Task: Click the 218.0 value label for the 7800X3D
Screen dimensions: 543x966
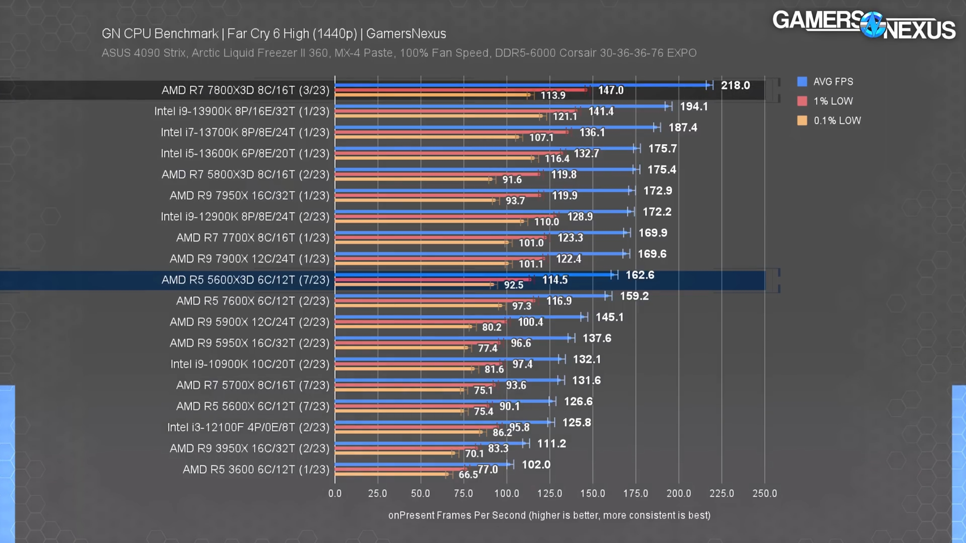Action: click(x=735, y=86)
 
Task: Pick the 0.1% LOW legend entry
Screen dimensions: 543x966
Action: click(x=829, y=121)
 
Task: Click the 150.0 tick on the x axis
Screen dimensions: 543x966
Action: click(x=592, y=493)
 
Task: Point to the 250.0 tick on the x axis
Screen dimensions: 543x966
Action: click(x=764, y=493)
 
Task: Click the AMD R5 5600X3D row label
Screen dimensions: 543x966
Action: click(x=245, y=280)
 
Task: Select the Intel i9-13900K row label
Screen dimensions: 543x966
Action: click(x=241, y=111)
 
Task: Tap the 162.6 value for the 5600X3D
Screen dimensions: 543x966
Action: click(x=640, y=275)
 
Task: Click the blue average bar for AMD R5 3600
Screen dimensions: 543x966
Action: click(x=423, y=465)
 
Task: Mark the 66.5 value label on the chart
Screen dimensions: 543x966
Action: click(x=468, y=475)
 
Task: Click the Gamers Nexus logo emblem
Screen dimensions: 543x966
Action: click(x=872, y=25)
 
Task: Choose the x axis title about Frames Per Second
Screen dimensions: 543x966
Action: click(x=549, y=515)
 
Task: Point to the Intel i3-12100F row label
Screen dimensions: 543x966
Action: click(x=248, y=427)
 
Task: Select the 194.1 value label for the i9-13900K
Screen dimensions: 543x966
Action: click(x=694, y=107)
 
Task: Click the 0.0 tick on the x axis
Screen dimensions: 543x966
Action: click(x=335, y=493)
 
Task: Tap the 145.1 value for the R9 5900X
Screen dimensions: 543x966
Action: click(x=609, y=317)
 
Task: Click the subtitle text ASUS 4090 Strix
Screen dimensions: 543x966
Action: click(x=143, y=53)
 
